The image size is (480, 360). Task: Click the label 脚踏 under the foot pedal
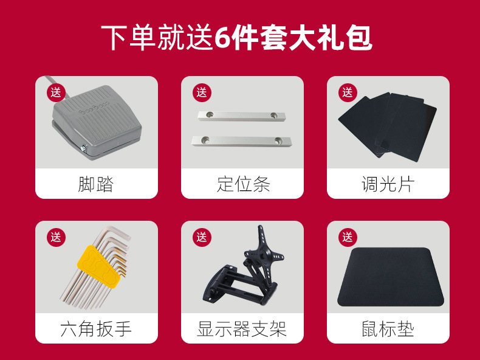point(96,184)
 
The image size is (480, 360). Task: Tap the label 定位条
point(242,184)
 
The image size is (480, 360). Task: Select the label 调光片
point(388,184)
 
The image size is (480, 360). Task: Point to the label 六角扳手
point(96,329)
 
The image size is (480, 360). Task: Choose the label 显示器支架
point(242,329)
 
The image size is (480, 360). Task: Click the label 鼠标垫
point(388,329)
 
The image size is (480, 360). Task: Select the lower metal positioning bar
point(242,140)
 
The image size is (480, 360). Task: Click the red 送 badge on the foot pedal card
point(57,92)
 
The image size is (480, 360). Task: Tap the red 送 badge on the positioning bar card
point(202,92)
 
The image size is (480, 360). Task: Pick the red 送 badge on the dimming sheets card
point(348,92)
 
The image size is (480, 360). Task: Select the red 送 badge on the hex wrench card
point(57,237)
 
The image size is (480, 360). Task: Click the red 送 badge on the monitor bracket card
point(202,237)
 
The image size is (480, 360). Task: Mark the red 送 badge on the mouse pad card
point(348,237)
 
